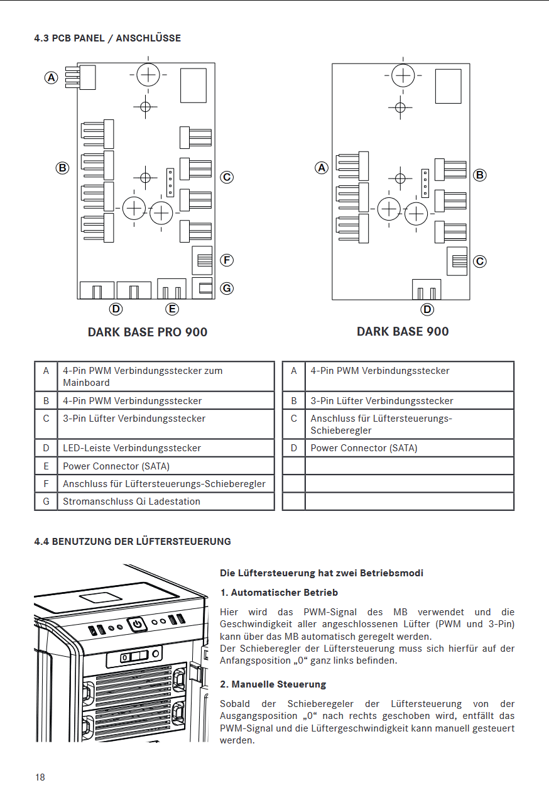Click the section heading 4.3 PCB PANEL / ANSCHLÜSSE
[x=107, y=38]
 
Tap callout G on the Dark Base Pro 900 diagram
[x=227, y=288]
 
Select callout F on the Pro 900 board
[x=227, y=260]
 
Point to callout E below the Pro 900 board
[x=172, y=309]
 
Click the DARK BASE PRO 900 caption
[x=148, y=332]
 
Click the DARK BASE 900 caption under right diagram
[x=403, y=331]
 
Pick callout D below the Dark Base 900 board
[x=427, y=309]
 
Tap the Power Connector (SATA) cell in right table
[x=364, y=448]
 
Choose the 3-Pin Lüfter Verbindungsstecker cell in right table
[x=381, y=400]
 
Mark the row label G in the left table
[x=46, y=502]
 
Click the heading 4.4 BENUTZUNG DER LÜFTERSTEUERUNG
[x=133, y=541]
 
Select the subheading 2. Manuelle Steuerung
[x=273, y=684]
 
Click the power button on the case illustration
[x=138, y=624]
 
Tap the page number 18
[x=40, y=777]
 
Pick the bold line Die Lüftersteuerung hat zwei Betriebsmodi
[x=322, y=573]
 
